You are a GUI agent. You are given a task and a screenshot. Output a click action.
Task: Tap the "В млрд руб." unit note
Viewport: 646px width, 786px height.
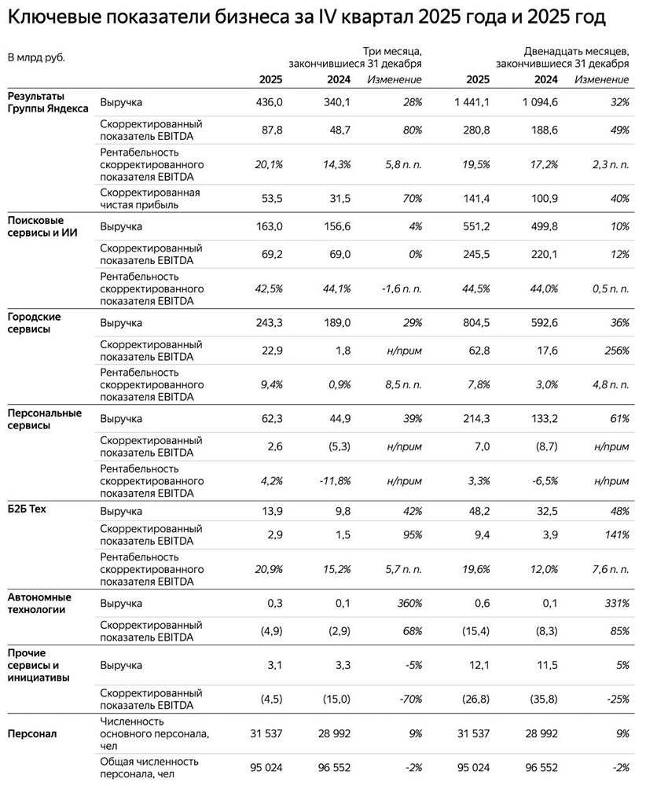tap(36, 57)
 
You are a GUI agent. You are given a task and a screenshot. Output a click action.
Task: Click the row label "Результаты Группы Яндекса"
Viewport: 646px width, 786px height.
tap(47, 103)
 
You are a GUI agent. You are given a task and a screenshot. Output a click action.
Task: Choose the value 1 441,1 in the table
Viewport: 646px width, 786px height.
tap(472, 103)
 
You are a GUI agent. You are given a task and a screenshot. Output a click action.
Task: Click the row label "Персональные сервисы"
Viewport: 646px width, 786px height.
tap(44, 419)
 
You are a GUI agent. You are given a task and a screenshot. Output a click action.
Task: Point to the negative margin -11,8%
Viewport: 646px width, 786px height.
tap(333, 480)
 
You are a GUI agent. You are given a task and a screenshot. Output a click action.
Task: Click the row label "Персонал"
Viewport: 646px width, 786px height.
tap(31, 733)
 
